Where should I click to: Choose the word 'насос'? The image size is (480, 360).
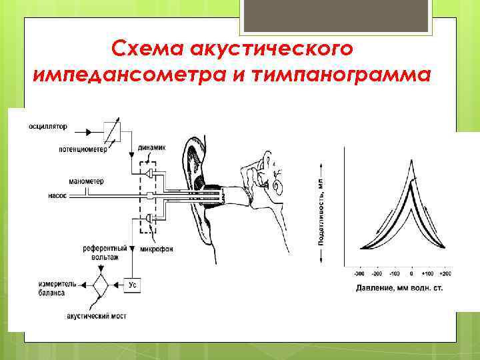point(57,196)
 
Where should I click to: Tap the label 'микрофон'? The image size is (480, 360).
point(157,249)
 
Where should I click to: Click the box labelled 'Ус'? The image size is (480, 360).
point(132,285)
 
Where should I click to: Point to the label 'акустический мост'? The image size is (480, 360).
point(97,315)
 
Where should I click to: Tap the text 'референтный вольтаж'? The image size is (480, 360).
point(101,252)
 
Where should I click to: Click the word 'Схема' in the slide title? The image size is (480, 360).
point(147,49)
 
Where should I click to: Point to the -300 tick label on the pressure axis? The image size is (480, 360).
point(359,274)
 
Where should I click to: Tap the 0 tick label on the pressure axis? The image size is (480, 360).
point(411,274)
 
